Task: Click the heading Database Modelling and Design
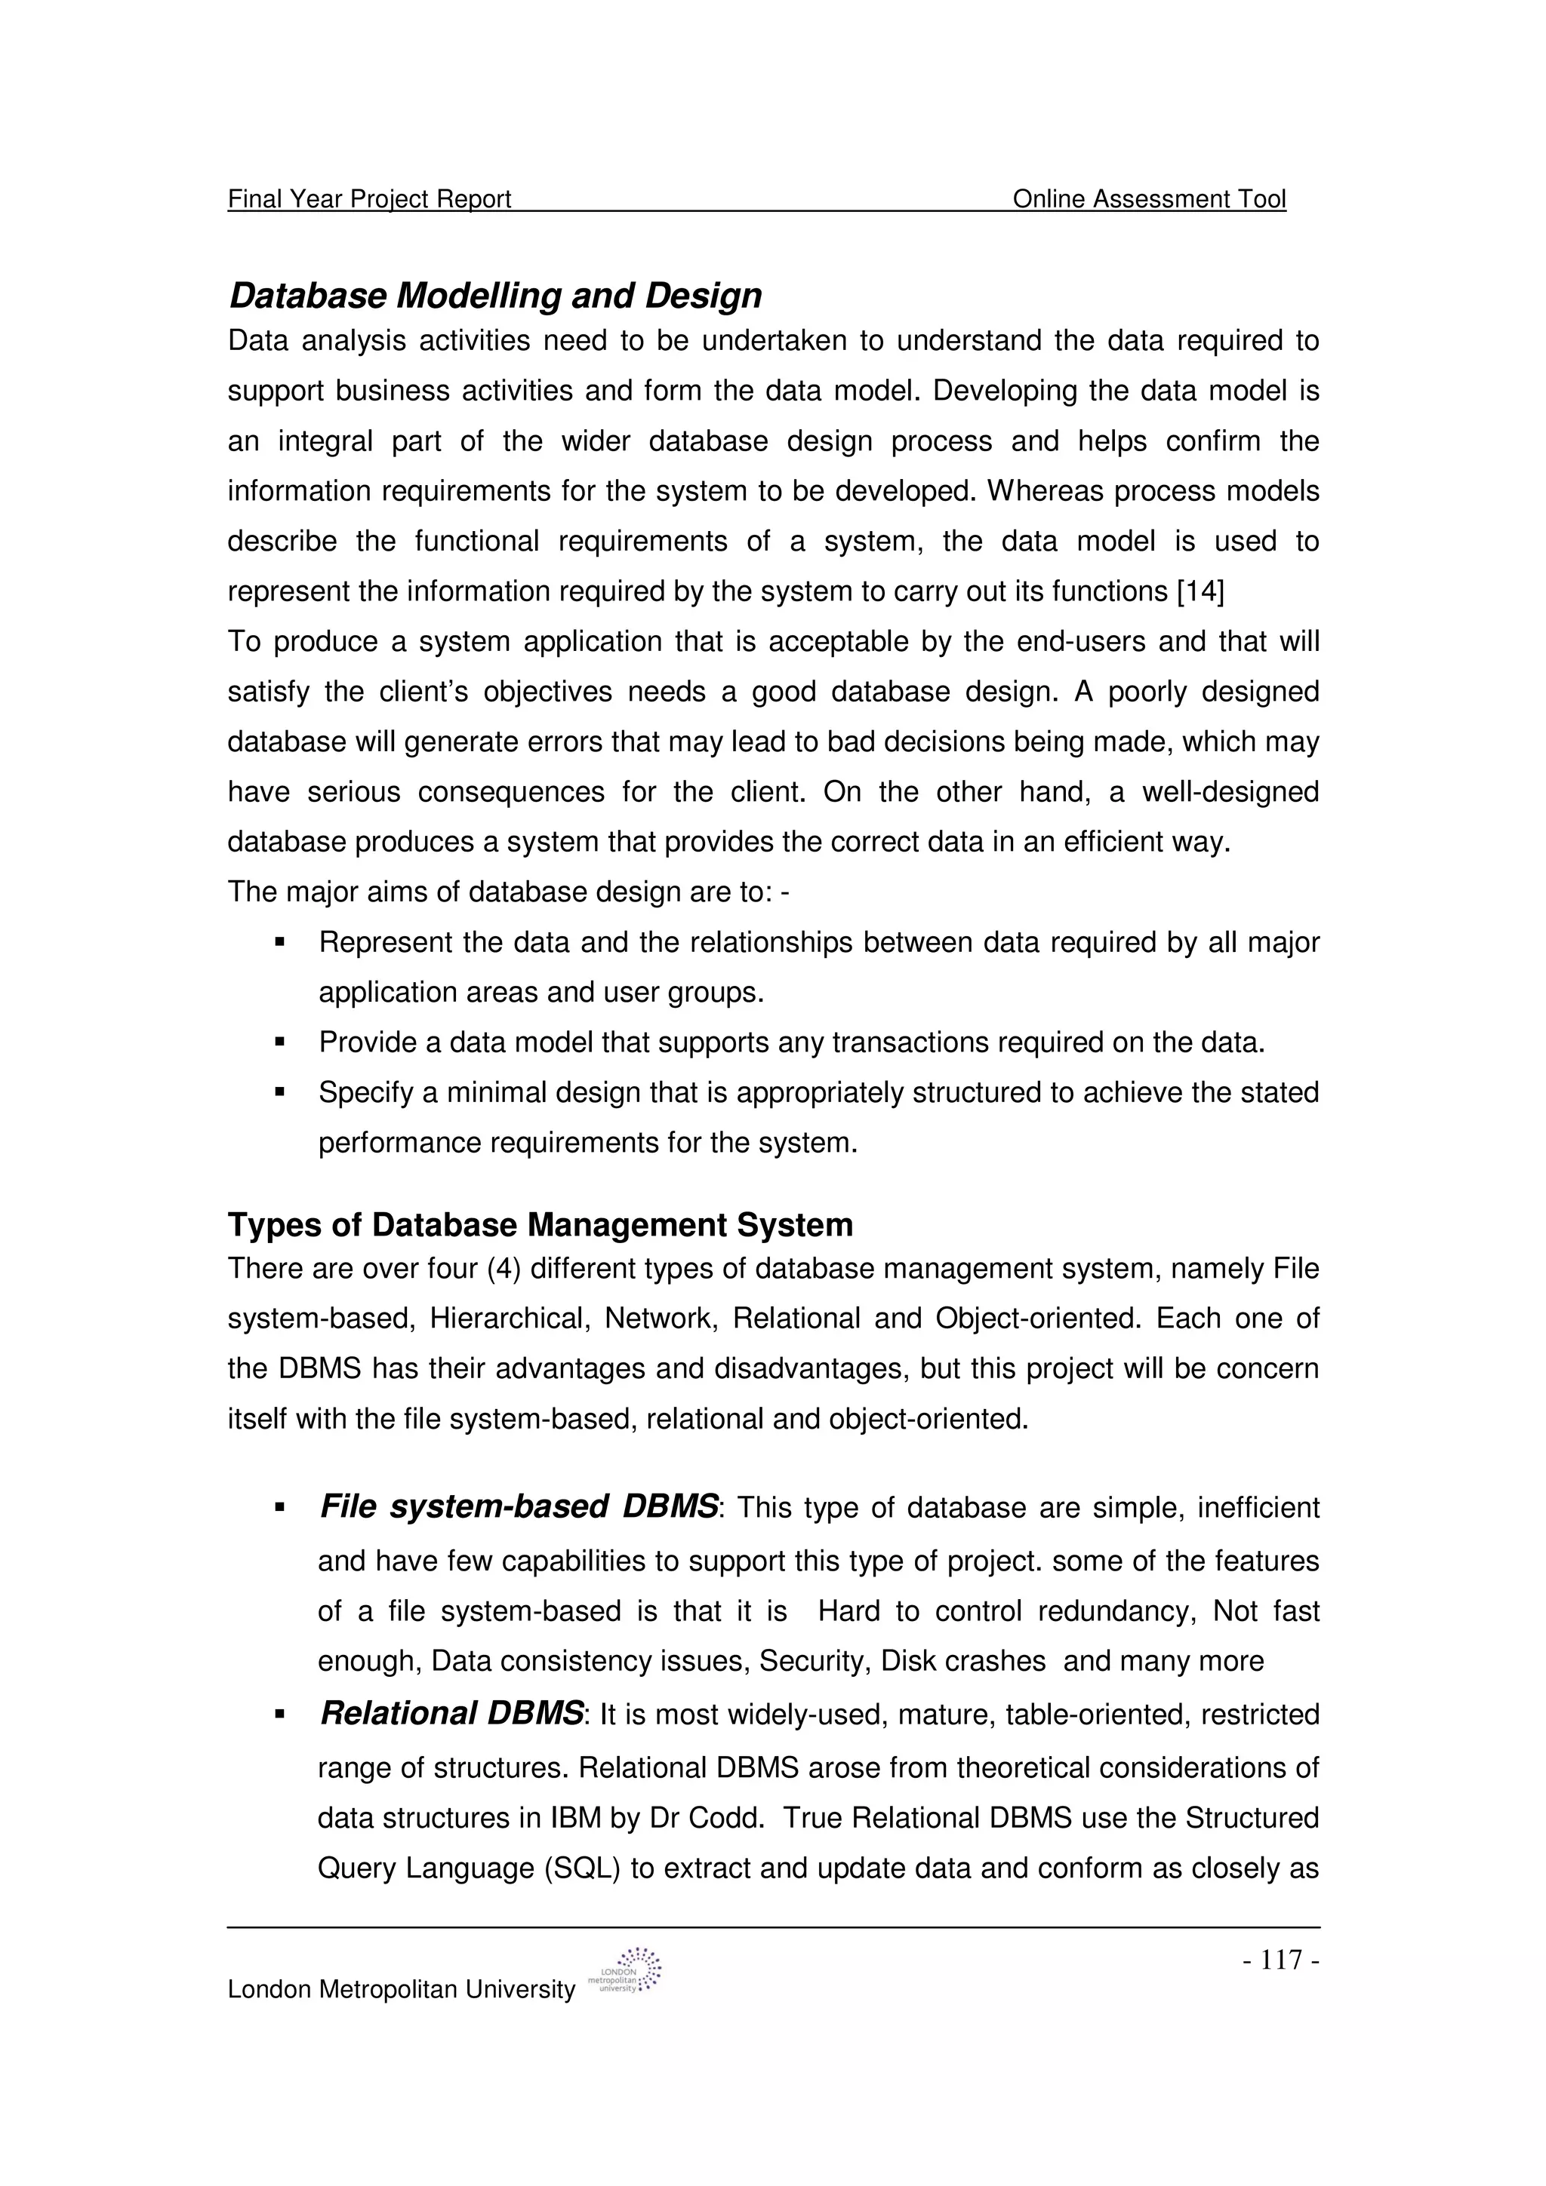coord(495,296)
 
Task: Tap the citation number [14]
coord(1200,592)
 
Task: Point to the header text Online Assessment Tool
coord(1149,199)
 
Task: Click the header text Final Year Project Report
coord(370,199)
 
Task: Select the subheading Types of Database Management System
coord(540,1225)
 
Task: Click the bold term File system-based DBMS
coord(519,1507)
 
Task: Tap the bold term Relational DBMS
coord(451,1714)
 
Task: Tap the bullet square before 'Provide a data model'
coord(280,1042)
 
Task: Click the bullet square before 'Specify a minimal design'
coord(280,1093)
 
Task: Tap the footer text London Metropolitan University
coord(401,1990)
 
